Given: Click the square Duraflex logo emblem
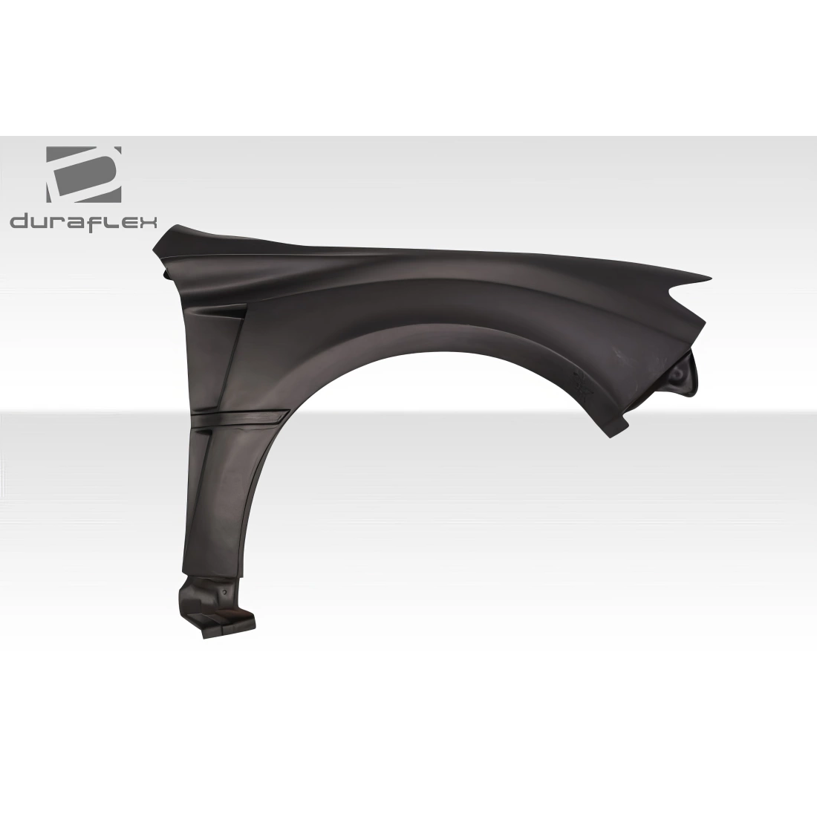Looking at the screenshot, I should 84,174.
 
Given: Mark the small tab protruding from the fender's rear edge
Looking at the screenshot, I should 165,274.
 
